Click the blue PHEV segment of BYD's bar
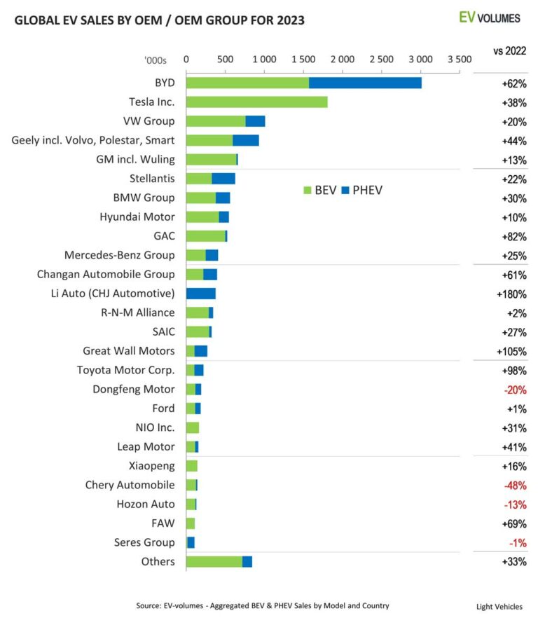coord(365,83)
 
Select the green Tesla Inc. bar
coord(256,102)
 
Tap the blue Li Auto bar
coord(200,294)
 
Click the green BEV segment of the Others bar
coord(214,561)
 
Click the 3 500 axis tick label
coord(459,60)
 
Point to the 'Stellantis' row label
coord(152,179)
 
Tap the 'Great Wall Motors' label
coord(128,351)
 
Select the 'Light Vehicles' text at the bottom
coord(499,607)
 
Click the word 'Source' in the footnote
coord(150,605)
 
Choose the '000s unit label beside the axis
coord(156,61)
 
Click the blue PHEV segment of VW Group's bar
coord(255,121)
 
